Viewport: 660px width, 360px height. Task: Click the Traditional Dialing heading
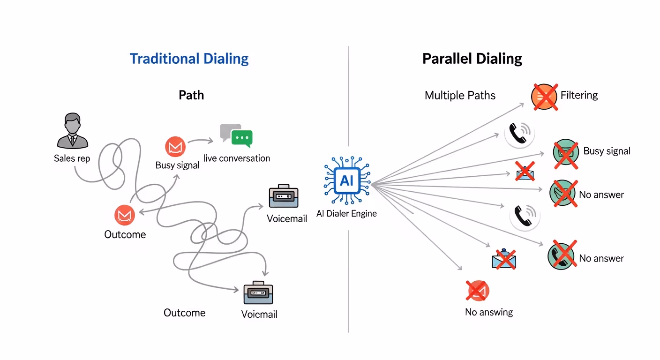pyautogui.click(x=189, y=59)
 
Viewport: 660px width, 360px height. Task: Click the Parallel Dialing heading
pyautogui.click(x=472, y=59)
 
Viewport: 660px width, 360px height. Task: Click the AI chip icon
pyautogui.click(x=347, y=181)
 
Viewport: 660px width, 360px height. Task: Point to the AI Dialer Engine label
pyautogui.click(x=346, y=214)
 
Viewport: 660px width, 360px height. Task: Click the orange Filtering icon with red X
pyautogui.click(x=544, y=97)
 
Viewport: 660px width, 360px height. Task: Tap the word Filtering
pyautogui.click(x=579, y=95)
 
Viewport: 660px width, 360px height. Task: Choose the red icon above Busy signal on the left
pyautogui.click(x=175, y=147)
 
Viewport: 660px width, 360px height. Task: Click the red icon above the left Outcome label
pyautogui.click(x=125, y=215)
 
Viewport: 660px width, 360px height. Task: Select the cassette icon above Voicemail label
pyautogui.click(x=284, y=197)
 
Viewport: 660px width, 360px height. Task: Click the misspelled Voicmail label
pyautogui.click(x=259, y=314)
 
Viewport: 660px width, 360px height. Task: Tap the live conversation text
pyautogui.click(x=237, y=158)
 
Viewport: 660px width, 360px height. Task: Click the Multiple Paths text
pyautogui.click(x=460, y=96)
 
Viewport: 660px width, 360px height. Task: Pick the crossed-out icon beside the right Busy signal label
pyautogui.click(x=566, y=152)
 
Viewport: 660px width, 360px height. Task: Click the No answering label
pyautogui.click(x=489, y=312)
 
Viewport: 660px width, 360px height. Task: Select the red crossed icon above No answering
pyautogui.click(x=478, y=291)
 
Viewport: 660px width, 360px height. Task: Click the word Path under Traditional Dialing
pyautogui.click(x=191, y=95)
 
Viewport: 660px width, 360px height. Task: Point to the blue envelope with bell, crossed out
pyautogui.click(x=503, y=259)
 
